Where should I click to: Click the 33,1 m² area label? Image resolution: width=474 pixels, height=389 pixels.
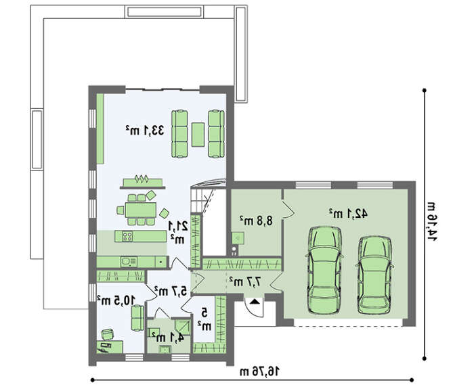pyautogui.click(x=145, y=131)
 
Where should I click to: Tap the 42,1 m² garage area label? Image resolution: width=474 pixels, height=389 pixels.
pyautogui.click(x=348, y=214)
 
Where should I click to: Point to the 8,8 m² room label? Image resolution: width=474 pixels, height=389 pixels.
pyautogui.click(x=256, y=221)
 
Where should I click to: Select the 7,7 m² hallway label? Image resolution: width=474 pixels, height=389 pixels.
pyautogui.click(x=245, y=282)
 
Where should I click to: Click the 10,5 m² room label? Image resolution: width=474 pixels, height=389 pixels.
pyautogui.click(x=116, y=300)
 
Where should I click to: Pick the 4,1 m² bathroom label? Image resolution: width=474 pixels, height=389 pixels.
pyautogui.click(x=168, y=338)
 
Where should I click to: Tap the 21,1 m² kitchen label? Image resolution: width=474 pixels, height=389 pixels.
pyautogui.click(x=178, y=231)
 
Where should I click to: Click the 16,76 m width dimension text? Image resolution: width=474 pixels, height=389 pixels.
pyautogui.click(x=260, y=372)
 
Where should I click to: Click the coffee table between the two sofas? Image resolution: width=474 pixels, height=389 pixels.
pyautogui.click(x=198, y=135)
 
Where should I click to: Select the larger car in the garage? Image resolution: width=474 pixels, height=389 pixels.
pyautogui.click(x=324, y=271)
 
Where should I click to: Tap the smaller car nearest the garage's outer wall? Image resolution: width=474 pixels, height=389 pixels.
pyautogui.click(x=374, y=275)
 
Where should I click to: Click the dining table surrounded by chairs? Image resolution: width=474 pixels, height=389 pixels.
pyautogui.click(x=141, y=210)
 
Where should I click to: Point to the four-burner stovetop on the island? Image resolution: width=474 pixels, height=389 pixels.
pyautogui.click(x=127, y=236)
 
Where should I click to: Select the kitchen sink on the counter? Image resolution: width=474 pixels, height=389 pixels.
pyautogui.click(x=129, y=262)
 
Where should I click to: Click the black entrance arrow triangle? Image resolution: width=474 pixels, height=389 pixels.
pyautogui.click(x=255, y=301)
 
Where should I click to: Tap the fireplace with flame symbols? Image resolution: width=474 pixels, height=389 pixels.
pyautogui.click(x=142, y=182)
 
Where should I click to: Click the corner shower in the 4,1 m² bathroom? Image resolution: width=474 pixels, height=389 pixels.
pyautogui.click(x=184, y=327)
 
